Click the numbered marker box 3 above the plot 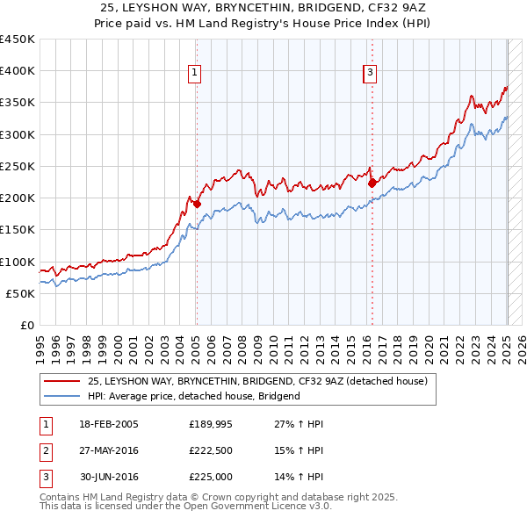[370, 73]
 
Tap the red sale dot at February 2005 [197, 205]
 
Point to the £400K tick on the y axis [18, 71]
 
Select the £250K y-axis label [18, 166]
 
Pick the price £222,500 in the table [210, 450]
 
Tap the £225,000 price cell [210, 477]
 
